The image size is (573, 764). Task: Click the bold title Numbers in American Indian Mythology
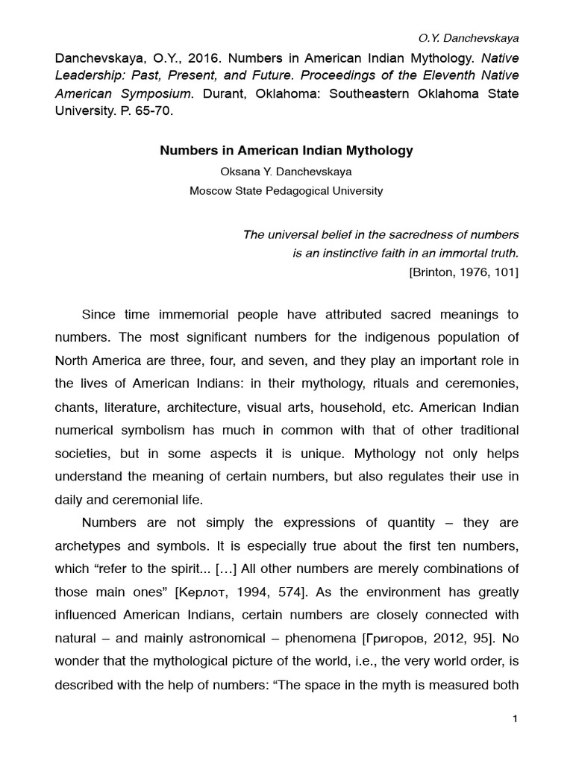coord(286,151)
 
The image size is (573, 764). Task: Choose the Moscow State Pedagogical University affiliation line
coord(286,191)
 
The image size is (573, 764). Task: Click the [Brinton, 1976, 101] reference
coord(463,272)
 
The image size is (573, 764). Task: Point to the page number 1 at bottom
coord(515,718)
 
